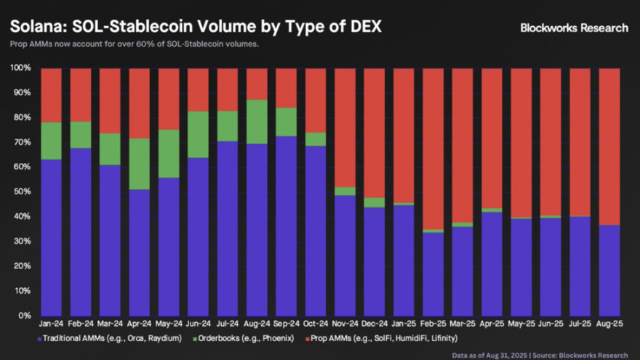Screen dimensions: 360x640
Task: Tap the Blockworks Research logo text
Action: (x=574, y=28)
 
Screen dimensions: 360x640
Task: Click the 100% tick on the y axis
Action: (x=20, y=68)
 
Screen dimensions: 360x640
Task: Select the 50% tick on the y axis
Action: (x=22, y=192)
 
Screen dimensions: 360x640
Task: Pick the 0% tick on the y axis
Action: (x=25, y=316)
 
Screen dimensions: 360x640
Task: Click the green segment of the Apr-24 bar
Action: (x=139, y=164)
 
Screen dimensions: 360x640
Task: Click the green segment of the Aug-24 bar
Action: (x=256, y=121)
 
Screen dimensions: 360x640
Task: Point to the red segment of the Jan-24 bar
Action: (x=51, y=95)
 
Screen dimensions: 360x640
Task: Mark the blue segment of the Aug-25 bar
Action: (x=608, y=270)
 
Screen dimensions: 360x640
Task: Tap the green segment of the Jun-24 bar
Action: (x=198, y=135)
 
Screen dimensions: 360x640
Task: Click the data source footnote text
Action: (x=540, y=354)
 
